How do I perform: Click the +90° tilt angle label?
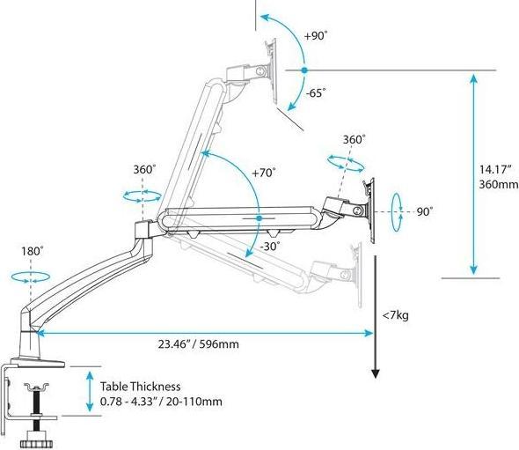pos(316,36)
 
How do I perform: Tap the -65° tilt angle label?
pos(316,91)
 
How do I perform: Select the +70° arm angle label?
pos(263,173)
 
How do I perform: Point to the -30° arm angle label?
pos(270,247)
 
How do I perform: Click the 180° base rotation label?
pos(32,251)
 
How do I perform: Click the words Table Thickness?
pos(141,386)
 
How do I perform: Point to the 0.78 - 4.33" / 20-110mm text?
pos(161,402)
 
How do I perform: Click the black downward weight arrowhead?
pos(375,373)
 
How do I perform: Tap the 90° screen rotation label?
pos(425,211)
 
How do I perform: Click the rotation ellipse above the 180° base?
pos(31,275)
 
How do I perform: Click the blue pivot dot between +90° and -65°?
pos(303,69)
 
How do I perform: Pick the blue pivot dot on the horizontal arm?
pos(259,218)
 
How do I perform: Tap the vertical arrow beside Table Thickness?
pos(89,392)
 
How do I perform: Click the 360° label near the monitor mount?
pos(355,140)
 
